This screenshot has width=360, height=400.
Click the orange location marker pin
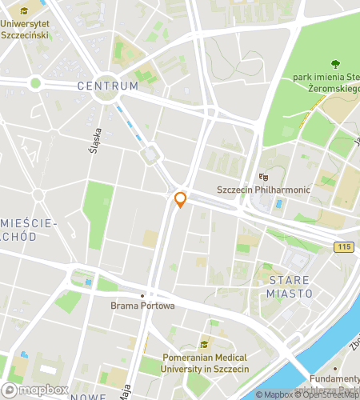(x=180, y=199)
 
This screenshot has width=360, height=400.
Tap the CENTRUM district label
(x=108, y=85)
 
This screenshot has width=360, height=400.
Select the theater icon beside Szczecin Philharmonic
(x=262, y=177)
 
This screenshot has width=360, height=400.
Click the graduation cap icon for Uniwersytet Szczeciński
(x=24, y=12)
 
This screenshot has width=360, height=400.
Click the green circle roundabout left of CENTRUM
(x=34, y=82)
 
